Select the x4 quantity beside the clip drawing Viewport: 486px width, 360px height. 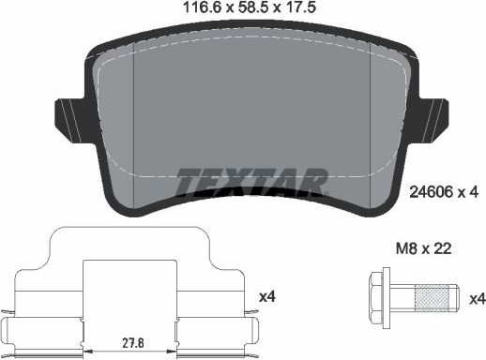click(266, 296)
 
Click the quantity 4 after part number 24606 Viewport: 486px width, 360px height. click(476, 192)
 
